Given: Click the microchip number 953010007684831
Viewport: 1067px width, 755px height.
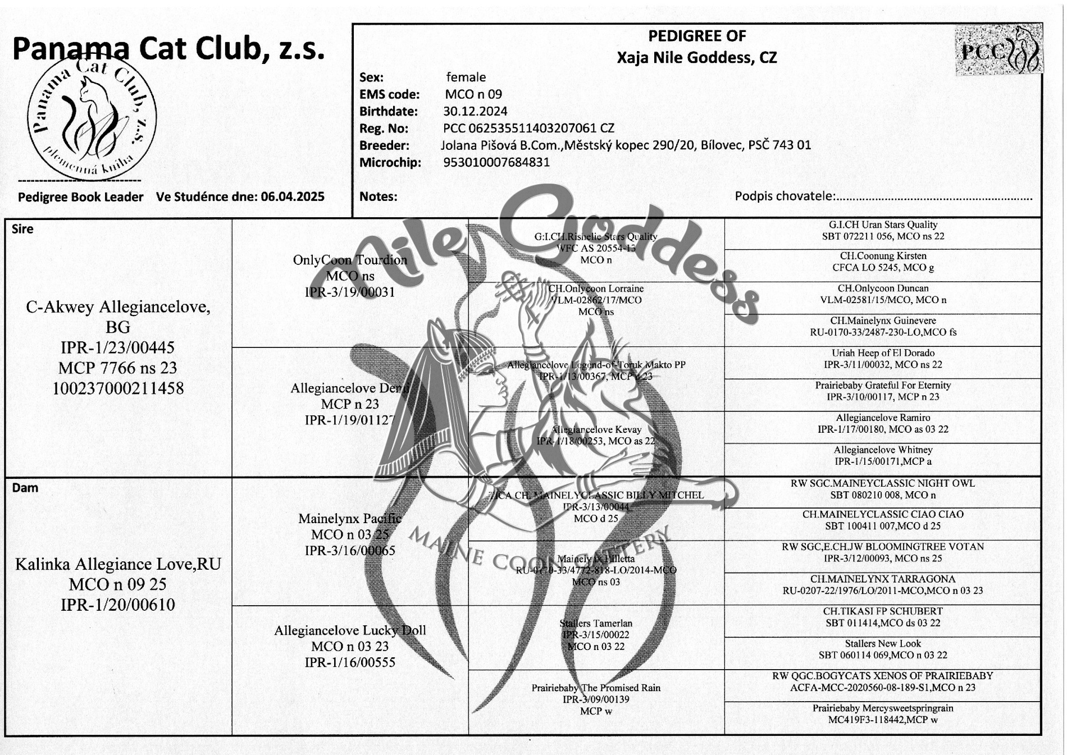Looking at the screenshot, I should (496, 162).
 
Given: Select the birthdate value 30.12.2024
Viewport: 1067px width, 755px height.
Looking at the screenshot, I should (475, 111).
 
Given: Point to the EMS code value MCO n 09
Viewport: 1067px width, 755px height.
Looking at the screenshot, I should (473, 94).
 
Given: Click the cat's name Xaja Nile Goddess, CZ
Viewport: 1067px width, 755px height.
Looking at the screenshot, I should (696, 58).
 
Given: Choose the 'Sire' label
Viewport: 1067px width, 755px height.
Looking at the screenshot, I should (22, 229).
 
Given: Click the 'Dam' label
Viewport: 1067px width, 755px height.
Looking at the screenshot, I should (25, 487).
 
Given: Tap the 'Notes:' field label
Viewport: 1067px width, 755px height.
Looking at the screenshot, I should (378, 196).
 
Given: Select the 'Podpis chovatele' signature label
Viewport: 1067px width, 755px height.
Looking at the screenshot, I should (785, 196).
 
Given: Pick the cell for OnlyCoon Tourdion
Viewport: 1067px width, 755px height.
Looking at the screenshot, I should (350, 276).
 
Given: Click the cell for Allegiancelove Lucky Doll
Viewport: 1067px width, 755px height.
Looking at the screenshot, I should (350, 646).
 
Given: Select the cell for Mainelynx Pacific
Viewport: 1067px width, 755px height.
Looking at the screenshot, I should (350, 534).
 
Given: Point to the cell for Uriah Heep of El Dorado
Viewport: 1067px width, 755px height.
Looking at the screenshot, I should (883, 359).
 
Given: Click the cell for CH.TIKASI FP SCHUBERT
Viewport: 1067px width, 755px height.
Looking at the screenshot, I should (883, 617).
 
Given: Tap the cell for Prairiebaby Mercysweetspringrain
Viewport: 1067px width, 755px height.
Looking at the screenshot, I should (883, 714).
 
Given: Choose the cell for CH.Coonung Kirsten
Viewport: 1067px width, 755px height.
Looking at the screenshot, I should (883, 262).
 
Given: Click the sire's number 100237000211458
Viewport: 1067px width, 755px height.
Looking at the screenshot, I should (118, 388).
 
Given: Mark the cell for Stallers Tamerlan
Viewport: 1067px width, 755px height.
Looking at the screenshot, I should (596, 635).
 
